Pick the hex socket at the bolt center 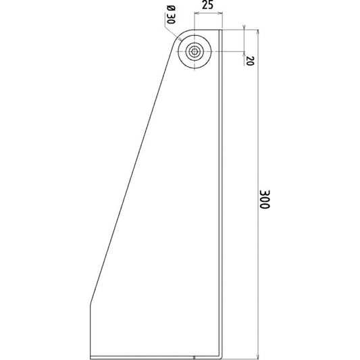pyautogui.click(x=196, y=51)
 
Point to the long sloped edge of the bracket pyautogui.click(x=135, y=176)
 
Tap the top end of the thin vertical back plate pyautogui.click(x=219, y=30)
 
